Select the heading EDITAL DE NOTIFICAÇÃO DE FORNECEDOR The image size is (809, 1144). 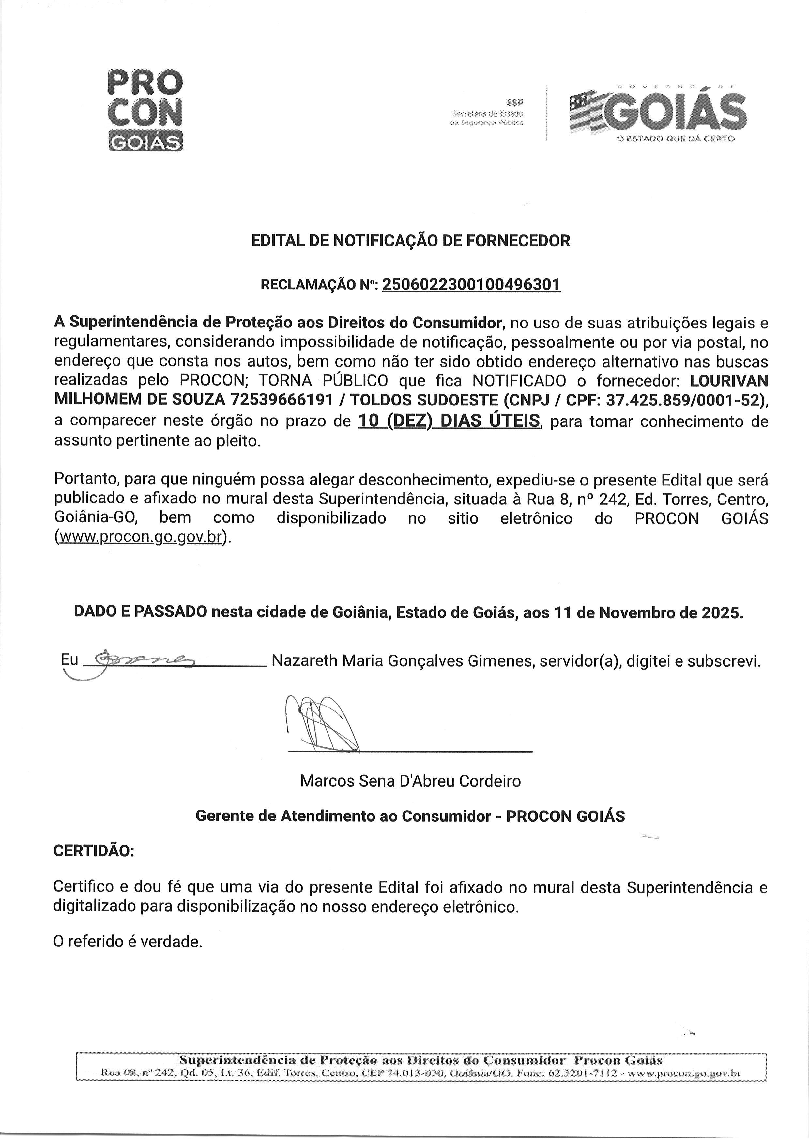tap(410, 241)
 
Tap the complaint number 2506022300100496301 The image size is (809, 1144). tap(471, 285)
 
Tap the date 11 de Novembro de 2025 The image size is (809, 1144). tap(647, 612)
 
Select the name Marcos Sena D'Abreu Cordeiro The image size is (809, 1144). tap(410, 781)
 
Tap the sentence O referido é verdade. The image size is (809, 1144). tap(128, 942)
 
